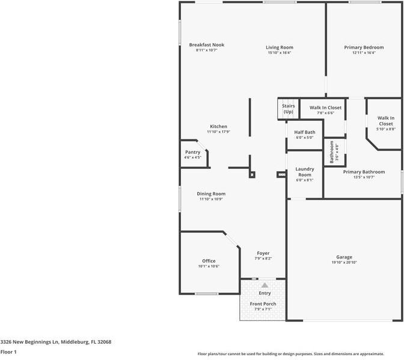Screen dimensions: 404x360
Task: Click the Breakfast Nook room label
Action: tap(207, 45)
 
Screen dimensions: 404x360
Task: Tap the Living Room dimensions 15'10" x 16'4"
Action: tap(280, 52)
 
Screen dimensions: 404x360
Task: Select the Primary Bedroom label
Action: tap(364, 47)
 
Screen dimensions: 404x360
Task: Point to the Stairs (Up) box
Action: tap(289, 109)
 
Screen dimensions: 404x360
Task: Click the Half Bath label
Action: tap(305, 132)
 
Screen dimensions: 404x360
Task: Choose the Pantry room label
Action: tap(193, 152)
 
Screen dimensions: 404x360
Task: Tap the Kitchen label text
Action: tap(218, 126)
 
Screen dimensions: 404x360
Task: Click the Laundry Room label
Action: tap(305, 172)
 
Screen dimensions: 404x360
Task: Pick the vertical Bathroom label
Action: tap(332, 152)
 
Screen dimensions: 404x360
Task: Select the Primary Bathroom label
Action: tap(364, 172)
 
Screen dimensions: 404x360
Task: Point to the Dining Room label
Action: tap(211, 194)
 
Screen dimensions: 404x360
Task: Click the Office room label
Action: tap(209, 261)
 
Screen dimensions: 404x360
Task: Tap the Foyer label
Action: tap(263, 253)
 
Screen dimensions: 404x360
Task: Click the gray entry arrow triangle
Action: tap(265, 285)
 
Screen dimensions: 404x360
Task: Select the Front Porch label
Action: tap(263, 304)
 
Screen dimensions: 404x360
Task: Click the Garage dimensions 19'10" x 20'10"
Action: tap(344, 263)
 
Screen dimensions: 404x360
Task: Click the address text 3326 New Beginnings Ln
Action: tap(29, 342)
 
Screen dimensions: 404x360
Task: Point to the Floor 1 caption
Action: tap(8, 352)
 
